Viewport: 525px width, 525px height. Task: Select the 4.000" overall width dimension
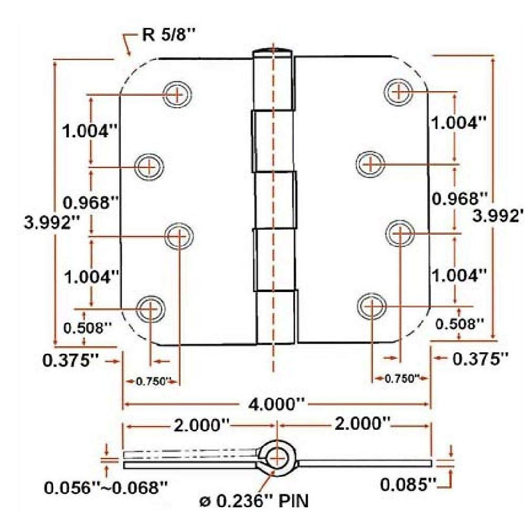click(276, 403)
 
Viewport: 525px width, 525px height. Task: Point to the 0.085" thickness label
click(408, 484)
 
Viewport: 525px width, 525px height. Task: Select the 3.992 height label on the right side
click(497, 216)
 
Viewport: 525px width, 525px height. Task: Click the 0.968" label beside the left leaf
click(91, 202)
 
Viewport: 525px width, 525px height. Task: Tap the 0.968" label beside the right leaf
click(459, 199)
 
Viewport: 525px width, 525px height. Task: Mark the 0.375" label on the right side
click(480, 359)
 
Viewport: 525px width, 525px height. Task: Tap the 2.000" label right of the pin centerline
click(362, 424)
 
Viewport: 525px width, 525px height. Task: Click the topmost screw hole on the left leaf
click(178, 94)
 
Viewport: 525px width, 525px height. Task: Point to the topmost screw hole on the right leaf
click(399, 92)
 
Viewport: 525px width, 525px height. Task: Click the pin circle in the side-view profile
click(276, 458)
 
